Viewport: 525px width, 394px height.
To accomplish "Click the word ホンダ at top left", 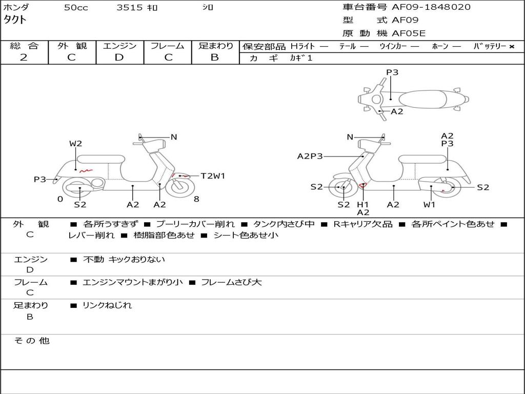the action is pos(16,8).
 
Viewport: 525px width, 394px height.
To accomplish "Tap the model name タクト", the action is pos(15,20).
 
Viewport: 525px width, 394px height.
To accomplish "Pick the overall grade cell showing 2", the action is pos(24,57).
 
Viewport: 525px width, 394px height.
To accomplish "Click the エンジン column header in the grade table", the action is pos(119,46).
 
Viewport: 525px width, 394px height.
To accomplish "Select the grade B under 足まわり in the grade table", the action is pos(215,57).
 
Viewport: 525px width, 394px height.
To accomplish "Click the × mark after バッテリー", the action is pos(511,47).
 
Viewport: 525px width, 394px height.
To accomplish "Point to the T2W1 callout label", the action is pos(213,176).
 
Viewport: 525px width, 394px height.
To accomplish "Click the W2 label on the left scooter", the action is pos(76,144).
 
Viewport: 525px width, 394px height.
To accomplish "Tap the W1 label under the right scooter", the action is pos(429,205).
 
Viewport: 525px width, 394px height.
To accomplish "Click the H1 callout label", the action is pos(363,205).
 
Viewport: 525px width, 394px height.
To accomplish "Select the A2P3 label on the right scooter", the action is pos(310,156).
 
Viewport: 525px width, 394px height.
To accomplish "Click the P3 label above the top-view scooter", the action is pos(392,72).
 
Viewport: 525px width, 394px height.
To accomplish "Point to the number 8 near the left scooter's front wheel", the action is pos(196,199).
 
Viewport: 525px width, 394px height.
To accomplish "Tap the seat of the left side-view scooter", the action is pos(100,159).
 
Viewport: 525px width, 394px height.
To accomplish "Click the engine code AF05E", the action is pos(409,33).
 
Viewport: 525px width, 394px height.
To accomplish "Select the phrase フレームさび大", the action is pos(231,282).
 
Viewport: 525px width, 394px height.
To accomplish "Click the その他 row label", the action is pos(31,341).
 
